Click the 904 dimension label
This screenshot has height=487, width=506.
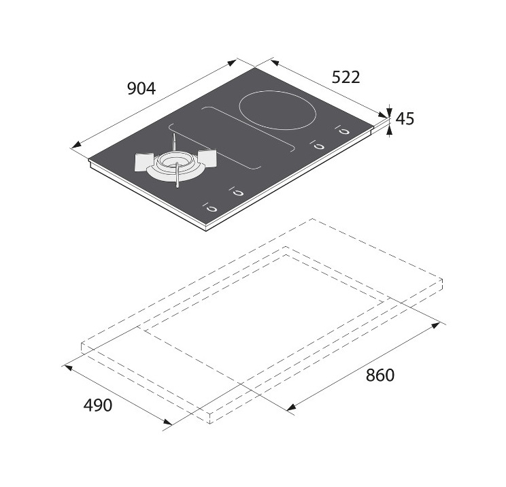click(x=141, y=88)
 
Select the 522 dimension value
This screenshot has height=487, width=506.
click(x=345, y=78)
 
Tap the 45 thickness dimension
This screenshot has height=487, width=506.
click(x=405, y=119)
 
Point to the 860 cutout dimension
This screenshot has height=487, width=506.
click(x=379, y=375)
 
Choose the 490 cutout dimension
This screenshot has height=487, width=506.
click(x=98, y=405)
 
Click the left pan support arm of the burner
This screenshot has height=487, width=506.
click(x=144, y=162)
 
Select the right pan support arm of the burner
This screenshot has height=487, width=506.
click(x=207, y=158)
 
